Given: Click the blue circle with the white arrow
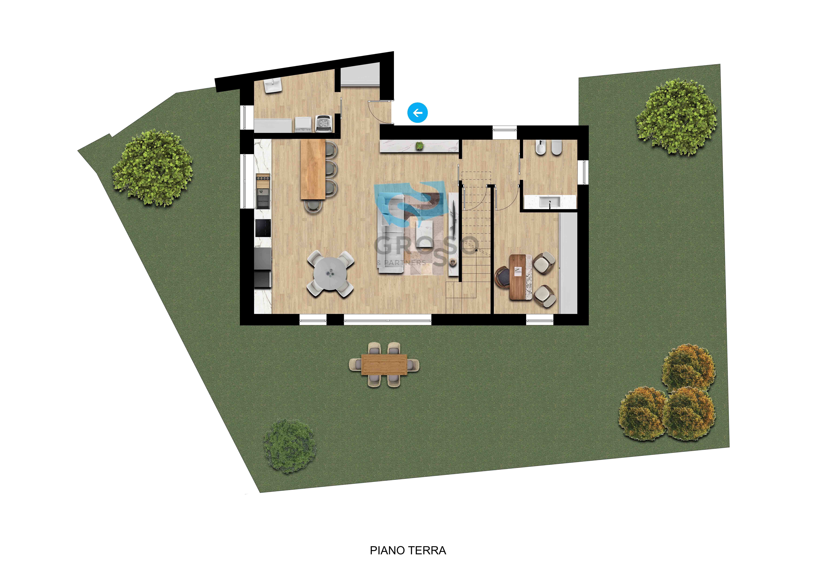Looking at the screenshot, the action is point(418,113).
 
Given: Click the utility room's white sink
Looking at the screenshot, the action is point(273,86).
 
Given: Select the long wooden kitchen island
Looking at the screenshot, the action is point(313,169).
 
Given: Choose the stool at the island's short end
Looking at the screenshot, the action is point(313,206).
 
